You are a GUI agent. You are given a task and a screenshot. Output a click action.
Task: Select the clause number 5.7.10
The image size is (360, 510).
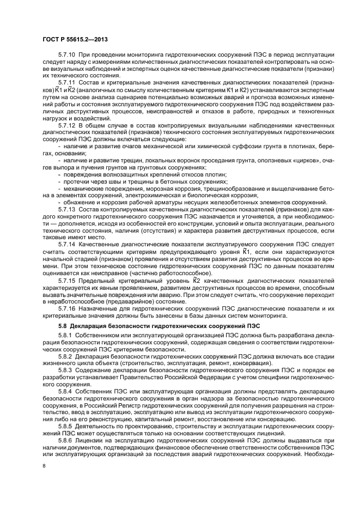(x=66, y=55)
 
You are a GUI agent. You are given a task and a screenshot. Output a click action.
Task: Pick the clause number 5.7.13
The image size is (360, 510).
(x=66, y=209)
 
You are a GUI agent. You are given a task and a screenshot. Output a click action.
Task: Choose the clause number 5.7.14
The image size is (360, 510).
(x=66, y=245)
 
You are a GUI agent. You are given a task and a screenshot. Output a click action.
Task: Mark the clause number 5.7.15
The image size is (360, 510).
(x=66, y=280)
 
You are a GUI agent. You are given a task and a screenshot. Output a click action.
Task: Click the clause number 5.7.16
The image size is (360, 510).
(x=66, y=308)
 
